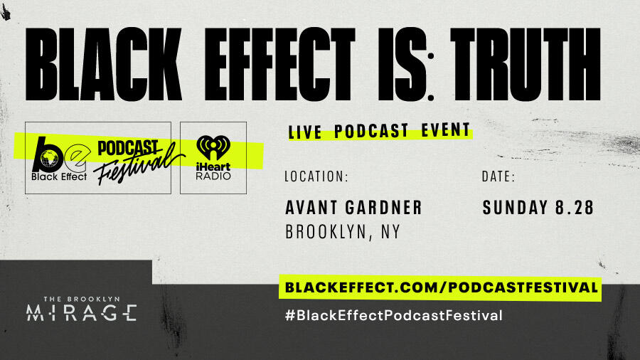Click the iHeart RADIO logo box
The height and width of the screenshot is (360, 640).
(213, 157)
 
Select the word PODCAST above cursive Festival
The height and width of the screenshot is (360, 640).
(127, 146)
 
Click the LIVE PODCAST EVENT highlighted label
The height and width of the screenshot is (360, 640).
(379, 132)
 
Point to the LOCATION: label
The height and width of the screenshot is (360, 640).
(316, 176)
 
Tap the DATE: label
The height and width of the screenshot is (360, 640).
(498, 176)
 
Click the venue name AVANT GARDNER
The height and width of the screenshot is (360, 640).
(353, 207)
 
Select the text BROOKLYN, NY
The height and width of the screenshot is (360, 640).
(342, 232)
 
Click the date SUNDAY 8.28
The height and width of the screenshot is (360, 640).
(538, 207)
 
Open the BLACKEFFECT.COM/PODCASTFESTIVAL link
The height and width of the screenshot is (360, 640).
(440, 288)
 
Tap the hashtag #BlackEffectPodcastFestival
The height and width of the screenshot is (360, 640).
(393, 314)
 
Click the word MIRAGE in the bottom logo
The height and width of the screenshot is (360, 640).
(81, 312)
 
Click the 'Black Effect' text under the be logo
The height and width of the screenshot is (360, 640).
(59, 176)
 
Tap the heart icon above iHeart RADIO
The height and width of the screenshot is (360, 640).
(213, 147)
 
